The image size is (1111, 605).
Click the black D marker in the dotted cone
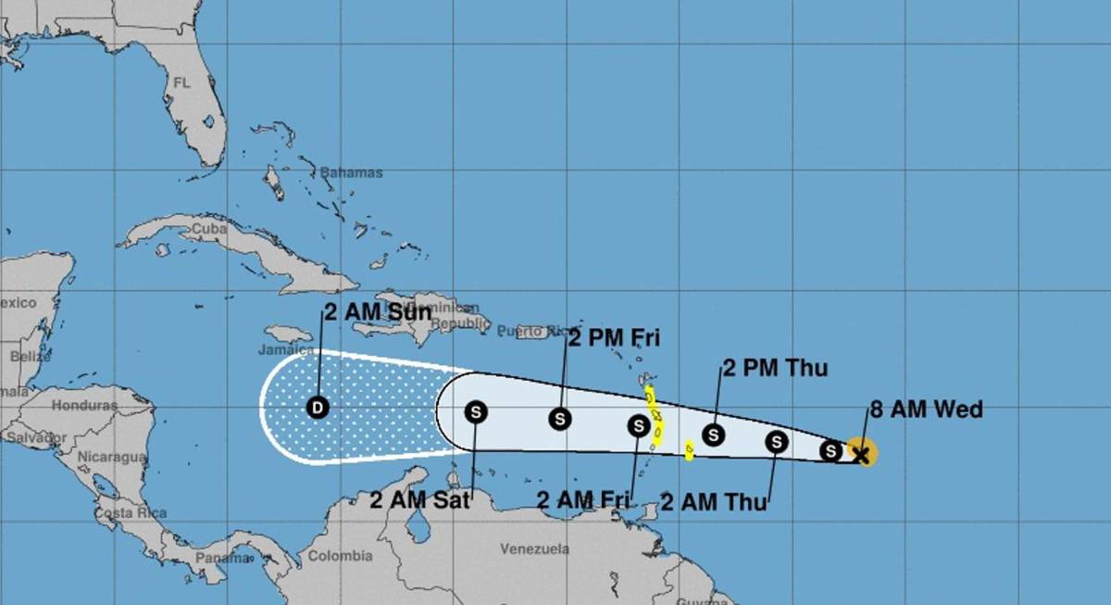point(318,407)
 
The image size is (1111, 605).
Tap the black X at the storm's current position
point(860,454)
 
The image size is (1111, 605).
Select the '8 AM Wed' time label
point(926,410)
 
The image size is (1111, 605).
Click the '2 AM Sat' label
point(419,501)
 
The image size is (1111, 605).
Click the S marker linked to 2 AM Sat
point(476,411)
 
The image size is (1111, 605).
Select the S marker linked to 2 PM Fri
point(559,419)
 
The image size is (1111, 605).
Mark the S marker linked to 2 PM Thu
point(713,434)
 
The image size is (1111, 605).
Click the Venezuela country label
point(534,549)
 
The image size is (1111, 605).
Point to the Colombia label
point(340,556)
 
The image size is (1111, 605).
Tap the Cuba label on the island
point(208,228)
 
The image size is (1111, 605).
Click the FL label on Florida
point(181,82)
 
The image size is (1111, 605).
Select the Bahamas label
point(352,172)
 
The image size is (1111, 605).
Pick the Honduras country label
point(84,405)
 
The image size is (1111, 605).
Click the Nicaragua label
point(111,457)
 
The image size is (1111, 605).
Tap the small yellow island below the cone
point(689,451)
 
